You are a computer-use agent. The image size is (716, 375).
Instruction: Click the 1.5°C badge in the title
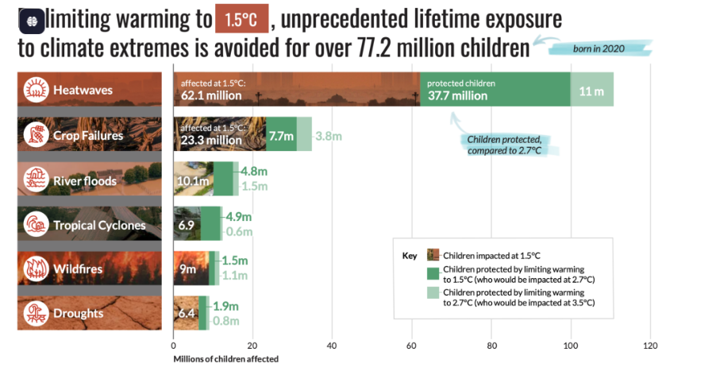click(x=241, y=17)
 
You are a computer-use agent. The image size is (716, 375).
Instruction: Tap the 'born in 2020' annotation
click(x=599, y=48)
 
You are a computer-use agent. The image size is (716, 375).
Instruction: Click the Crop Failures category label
click(x=88, y=135)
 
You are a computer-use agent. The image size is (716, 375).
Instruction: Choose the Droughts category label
click(x=78, y=313)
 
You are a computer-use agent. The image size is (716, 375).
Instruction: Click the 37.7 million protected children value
click(x=457, y=95)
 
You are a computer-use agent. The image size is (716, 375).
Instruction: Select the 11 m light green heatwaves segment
click(x=591, y=91)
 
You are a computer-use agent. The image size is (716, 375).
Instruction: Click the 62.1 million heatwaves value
click(x=211, y=95)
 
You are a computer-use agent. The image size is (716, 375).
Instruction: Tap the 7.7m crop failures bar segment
click(x=281, y=135)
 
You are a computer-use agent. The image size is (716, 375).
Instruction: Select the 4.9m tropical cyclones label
click(x=238, y=217)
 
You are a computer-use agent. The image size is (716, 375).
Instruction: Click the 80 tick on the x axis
click(x=491, y=346)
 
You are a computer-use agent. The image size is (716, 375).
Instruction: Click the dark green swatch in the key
click(x=433, y=274)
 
